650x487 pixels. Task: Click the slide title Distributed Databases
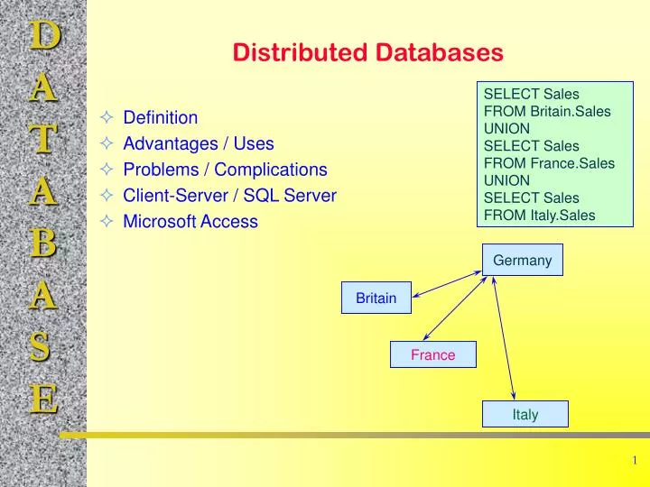(x=367, y=53)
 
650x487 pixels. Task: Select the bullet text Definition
(x=160, y=117)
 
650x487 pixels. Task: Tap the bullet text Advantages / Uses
(x=198, y=143)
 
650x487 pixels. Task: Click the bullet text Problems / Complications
(x=225, y=170)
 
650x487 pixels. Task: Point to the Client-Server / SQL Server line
(x=229, y=196)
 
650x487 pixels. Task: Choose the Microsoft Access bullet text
(x=190, y=222)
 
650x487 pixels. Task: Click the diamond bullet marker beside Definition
(x=107, y=117)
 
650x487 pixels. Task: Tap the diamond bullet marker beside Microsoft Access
(x=107, y=222)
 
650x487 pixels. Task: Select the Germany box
(x=522, y=260)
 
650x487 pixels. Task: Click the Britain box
(x=376, y=298)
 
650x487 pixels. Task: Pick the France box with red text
(x=432, y=355)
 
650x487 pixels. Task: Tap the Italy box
(x=525, y=415)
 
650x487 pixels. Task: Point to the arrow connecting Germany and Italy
(x=504, y=338)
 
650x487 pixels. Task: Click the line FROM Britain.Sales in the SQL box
(x=547, y=111)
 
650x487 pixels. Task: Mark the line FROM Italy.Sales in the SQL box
(x=539, y=215)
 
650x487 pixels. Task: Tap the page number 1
(x=635, y=461)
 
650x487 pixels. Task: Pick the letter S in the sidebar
(x=43, y=346)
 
